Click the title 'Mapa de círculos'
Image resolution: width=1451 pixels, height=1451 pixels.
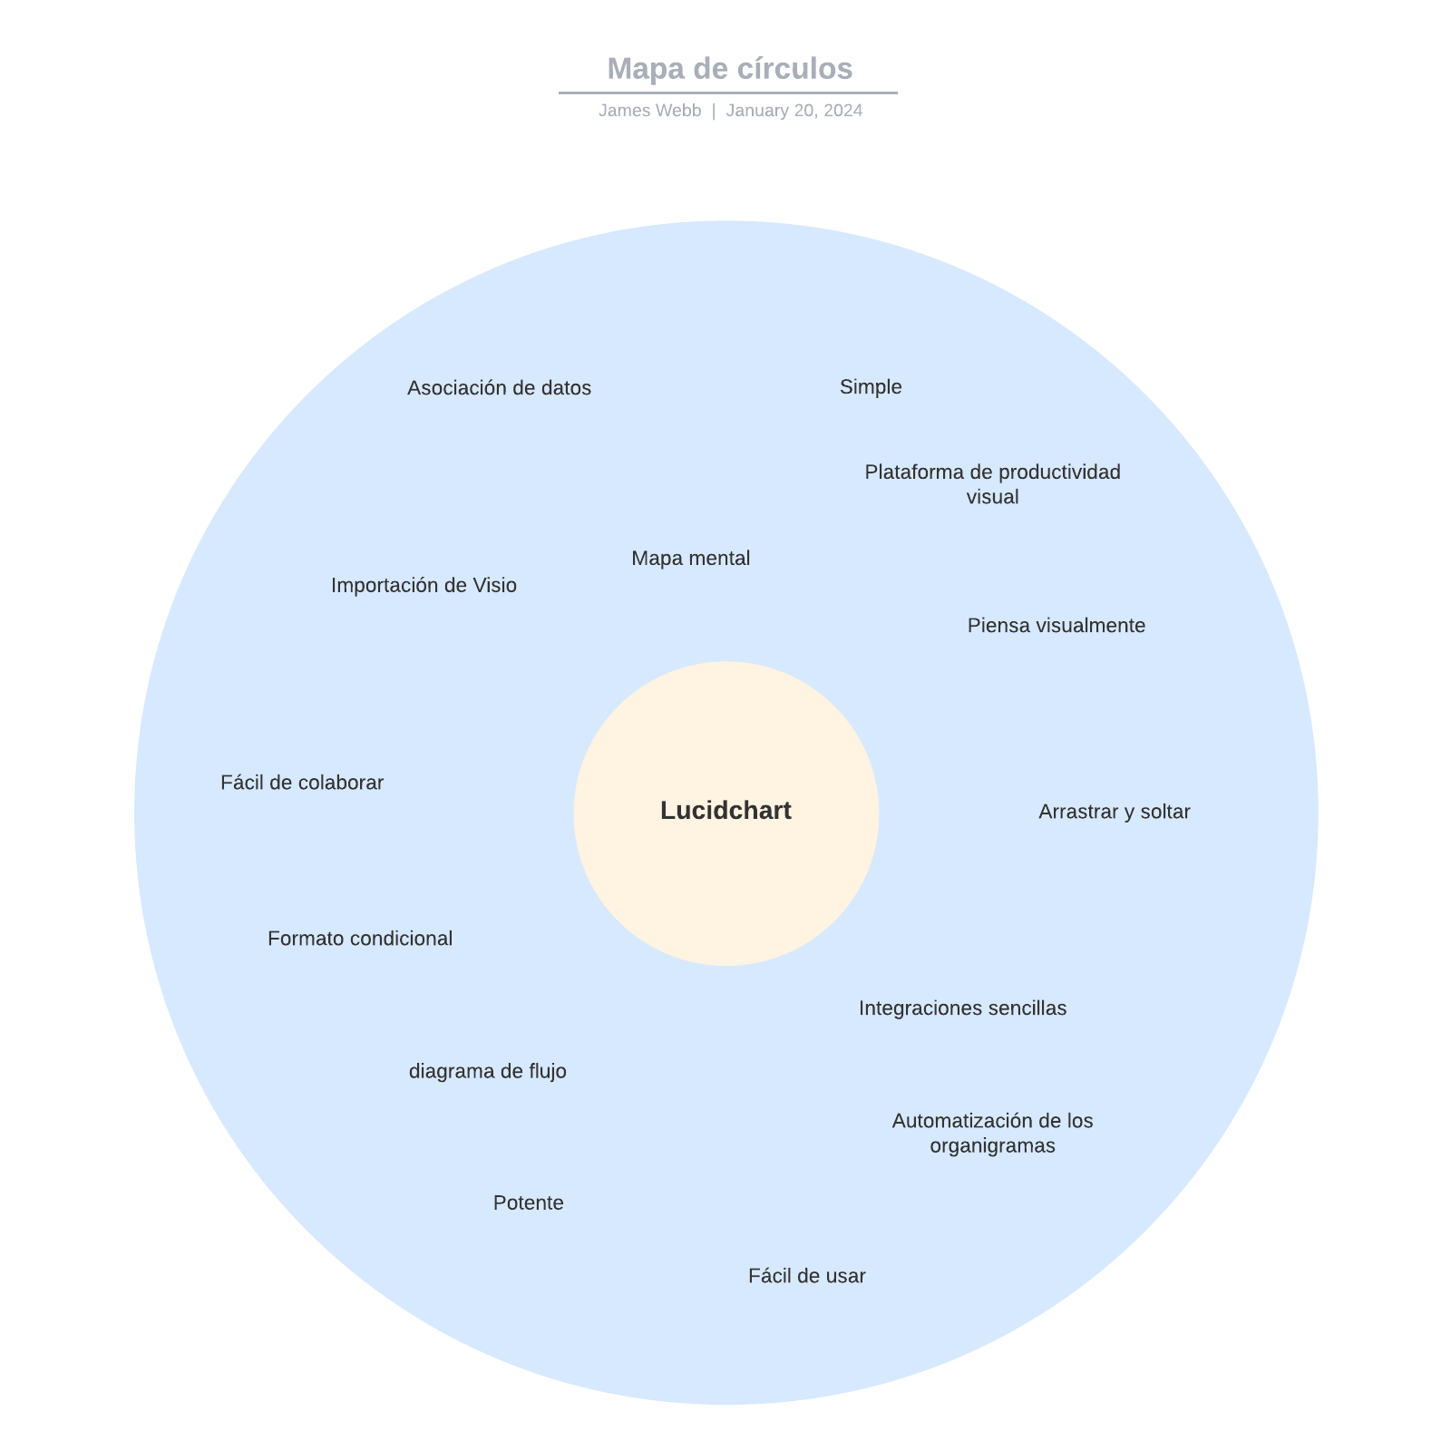(x=729, y=69)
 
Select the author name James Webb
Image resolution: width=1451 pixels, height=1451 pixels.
(x=649, y=111)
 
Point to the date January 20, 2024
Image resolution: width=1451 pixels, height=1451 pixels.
(x=794, y=111)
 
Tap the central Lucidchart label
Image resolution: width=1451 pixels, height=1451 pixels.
(x=725, y=811)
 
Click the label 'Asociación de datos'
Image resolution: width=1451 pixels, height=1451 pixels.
(x=499, y=388)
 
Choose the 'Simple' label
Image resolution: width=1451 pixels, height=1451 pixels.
(x=871, y=387)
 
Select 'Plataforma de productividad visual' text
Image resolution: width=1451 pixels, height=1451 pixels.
(x=992, y=484)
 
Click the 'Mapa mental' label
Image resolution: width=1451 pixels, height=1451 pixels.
(x=690, y=559)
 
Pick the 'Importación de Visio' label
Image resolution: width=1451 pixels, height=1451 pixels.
(x=424, y=586)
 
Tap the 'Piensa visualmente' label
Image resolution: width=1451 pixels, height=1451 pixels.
(x=1056, y=626)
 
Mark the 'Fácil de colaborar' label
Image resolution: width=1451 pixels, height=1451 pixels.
(x=302, y=783)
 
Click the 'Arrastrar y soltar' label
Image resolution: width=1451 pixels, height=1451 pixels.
(x=1114, y=812)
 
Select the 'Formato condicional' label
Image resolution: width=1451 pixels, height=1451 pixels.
(x=360, y=939)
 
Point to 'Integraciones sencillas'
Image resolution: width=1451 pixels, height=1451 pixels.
(x=962, y=1008)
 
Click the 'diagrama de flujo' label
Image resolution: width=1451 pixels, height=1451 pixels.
(x=488, y=1072)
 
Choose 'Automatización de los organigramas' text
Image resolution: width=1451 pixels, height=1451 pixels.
(x=992, y=1134)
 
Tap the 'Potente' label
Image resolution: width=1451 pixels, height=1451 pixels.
(x=528, y=1203)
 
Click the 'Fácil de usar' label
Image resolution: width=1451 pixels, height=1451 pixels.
(x=806, y=1276)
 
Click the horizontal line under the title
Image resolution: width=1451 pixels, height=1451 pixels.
(x=727, y=93)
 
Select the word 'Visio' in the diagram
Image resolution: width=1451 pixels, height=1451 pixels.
(x=494, y=586)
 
